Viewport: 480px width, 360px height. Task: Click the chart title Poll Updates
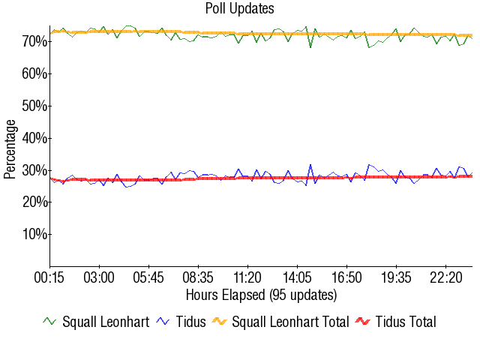click(239, 9)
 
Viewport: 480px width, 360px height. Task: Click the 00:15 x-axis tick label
click(49, 277)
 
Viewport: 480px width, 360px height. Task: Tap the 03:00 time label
click(99, 277)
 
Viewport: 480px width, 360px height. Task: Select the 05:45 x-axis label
click(148, 277)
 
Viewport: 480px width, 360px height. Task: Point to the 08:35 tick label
click(198, 277)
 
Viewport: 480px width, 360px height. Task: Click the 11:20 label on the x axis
click(247, 277)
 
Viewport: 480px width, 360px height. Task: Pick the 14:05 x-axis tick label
click(297, 277)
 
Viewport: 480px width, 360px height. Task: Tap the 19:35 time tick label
click(396, 277)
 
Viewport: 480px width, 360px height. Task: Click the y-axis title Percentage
click(10, 148)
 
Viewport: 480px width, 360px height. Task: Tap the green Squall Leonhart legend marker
click(49, 322)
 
